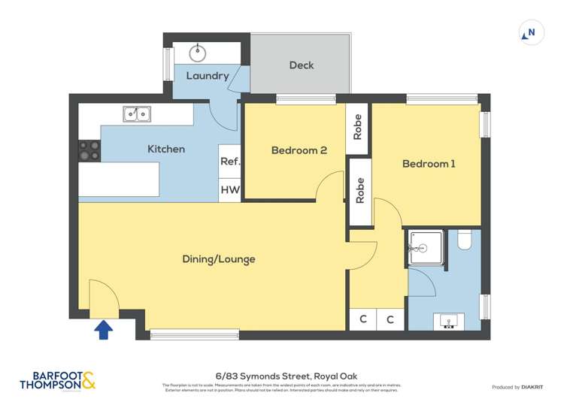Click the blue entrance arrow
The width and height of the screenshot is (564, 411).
(x=104, y=330)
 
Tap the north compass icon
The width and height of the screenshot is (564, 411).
(x=531, y=33)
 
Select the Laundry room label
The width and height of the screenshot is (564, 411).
(x=207, y=76)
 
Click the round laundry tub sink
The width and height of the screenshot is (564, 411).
(x=199, y=53)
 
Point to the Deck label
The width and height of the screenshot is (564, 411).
(x=301, y=65)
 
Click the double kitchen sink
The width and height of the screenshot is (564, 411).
(x=137, y=113)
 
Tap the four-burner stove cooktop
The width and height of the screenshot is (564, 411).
(x=89, y=151)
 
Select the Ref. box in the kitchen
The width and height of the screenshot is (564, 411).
(x=229, y=162)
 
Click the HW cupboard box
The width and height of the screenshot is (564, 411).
(x=229, y=191)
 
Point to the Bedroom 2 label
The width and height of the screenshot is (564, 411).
(x=299, y=150)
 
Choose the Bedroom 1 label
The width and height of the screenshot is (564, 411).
(x=429, y=164)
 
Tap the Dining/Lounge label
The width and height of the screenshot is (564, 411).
(x=219, y=259)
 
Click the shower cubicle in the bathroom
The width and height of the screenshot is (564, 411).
(x=426, y=249)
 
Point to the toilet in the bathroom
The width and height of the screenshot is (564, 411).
(x=464, y=240)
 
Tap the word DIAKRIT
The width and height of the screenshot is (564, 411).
(x=537, y=387)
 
